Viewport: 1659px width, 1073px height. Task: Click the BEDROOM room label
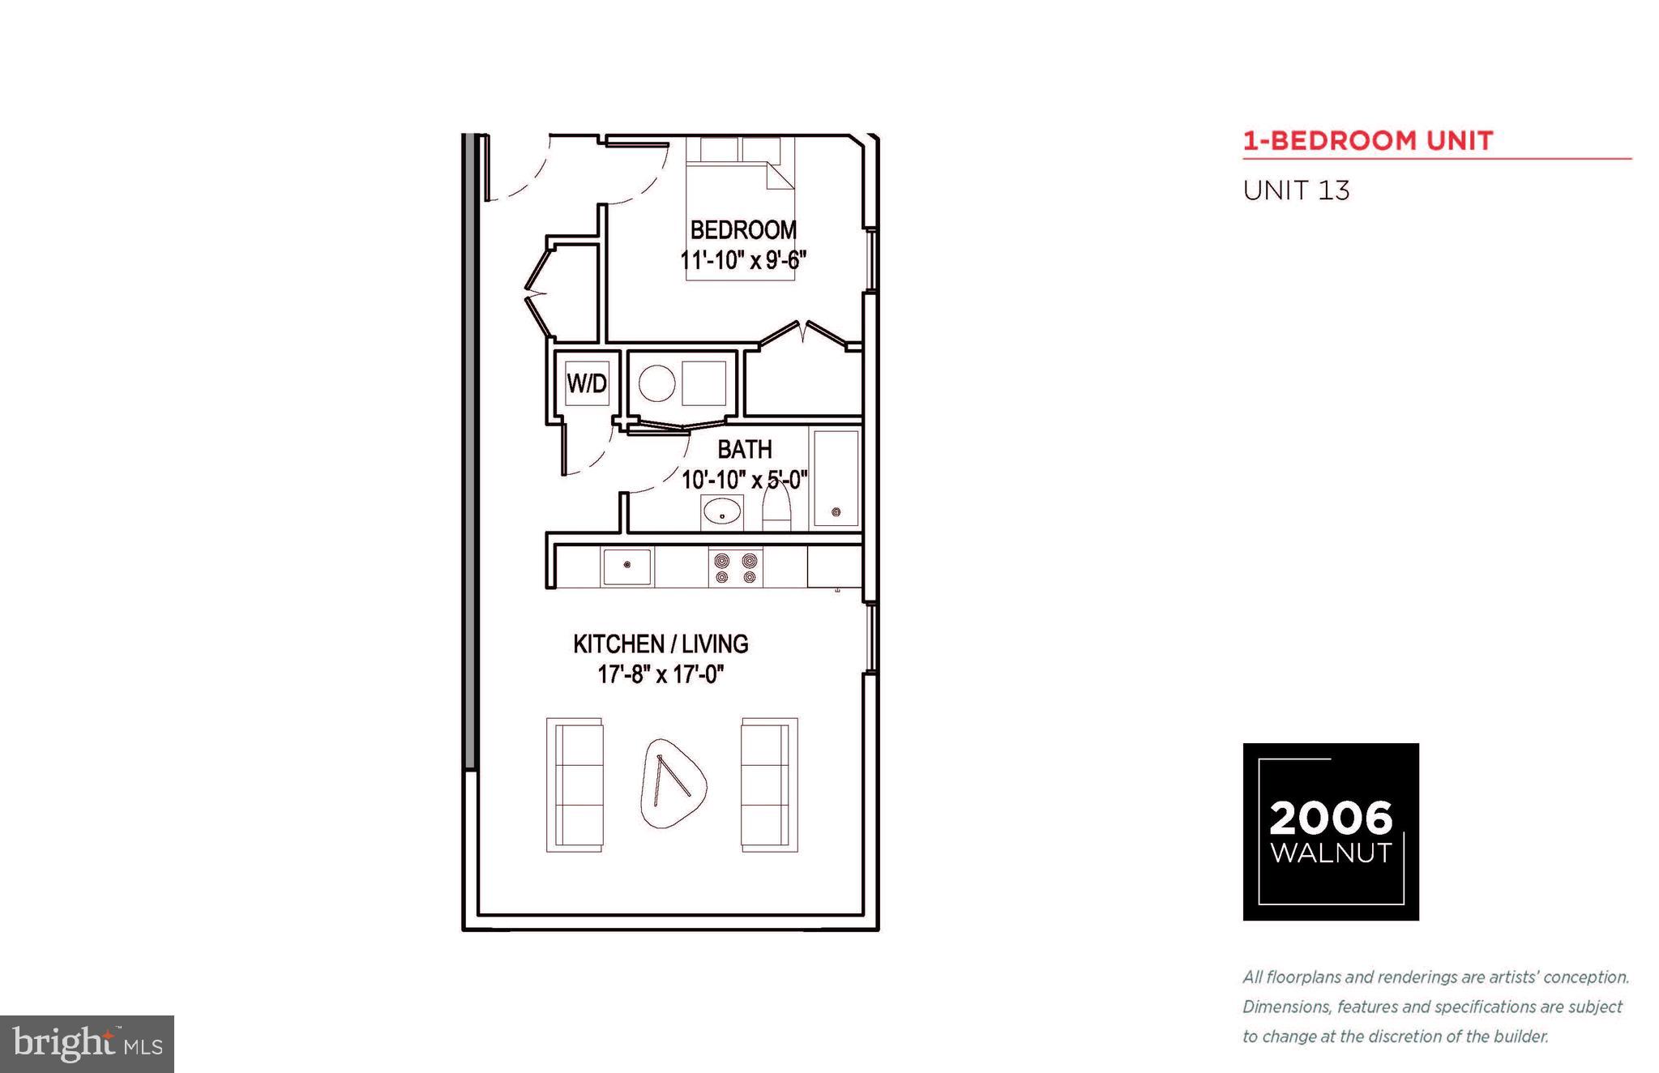[743, 230]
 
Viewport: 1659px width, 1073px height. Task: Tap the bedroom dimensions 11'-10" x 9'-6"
[743, 261]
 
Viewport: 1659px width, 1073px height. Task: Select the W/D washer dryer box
[587, 383]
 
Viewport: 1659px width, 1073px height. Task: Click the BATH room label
[744, 449]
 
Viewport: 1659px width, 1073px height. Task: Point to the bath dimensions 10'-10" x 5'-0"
[744, 480]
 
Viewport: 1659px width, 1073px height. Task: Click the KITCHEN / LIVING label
[661, 644]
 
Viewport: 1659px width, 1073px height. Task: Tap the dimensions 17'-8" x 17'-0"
[661, 674]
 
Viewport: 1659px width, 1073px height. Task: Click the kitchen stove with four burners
[736, 567]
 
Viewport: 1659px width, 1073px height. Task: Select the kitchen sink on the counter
[626, 566]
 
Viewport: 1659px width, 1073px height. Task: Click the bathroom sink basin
[721, 512]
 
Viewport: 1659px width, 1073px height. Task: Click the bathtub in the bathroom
[836, 478]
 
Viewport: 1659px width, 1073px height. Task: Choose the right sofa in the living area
[768, 784]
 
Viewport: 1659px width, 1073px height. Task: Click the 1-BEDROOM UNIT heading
[1368, 141]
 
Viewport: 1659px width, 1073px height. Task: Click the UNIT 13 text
[1296, 191]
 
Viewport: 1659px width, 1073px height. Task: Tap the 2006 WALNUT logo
[1331, 831]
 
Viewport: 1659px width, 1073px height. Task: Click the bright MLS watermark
[87, 1044]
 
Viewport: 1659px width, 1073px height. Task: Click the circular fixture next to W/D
[656, 383]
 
